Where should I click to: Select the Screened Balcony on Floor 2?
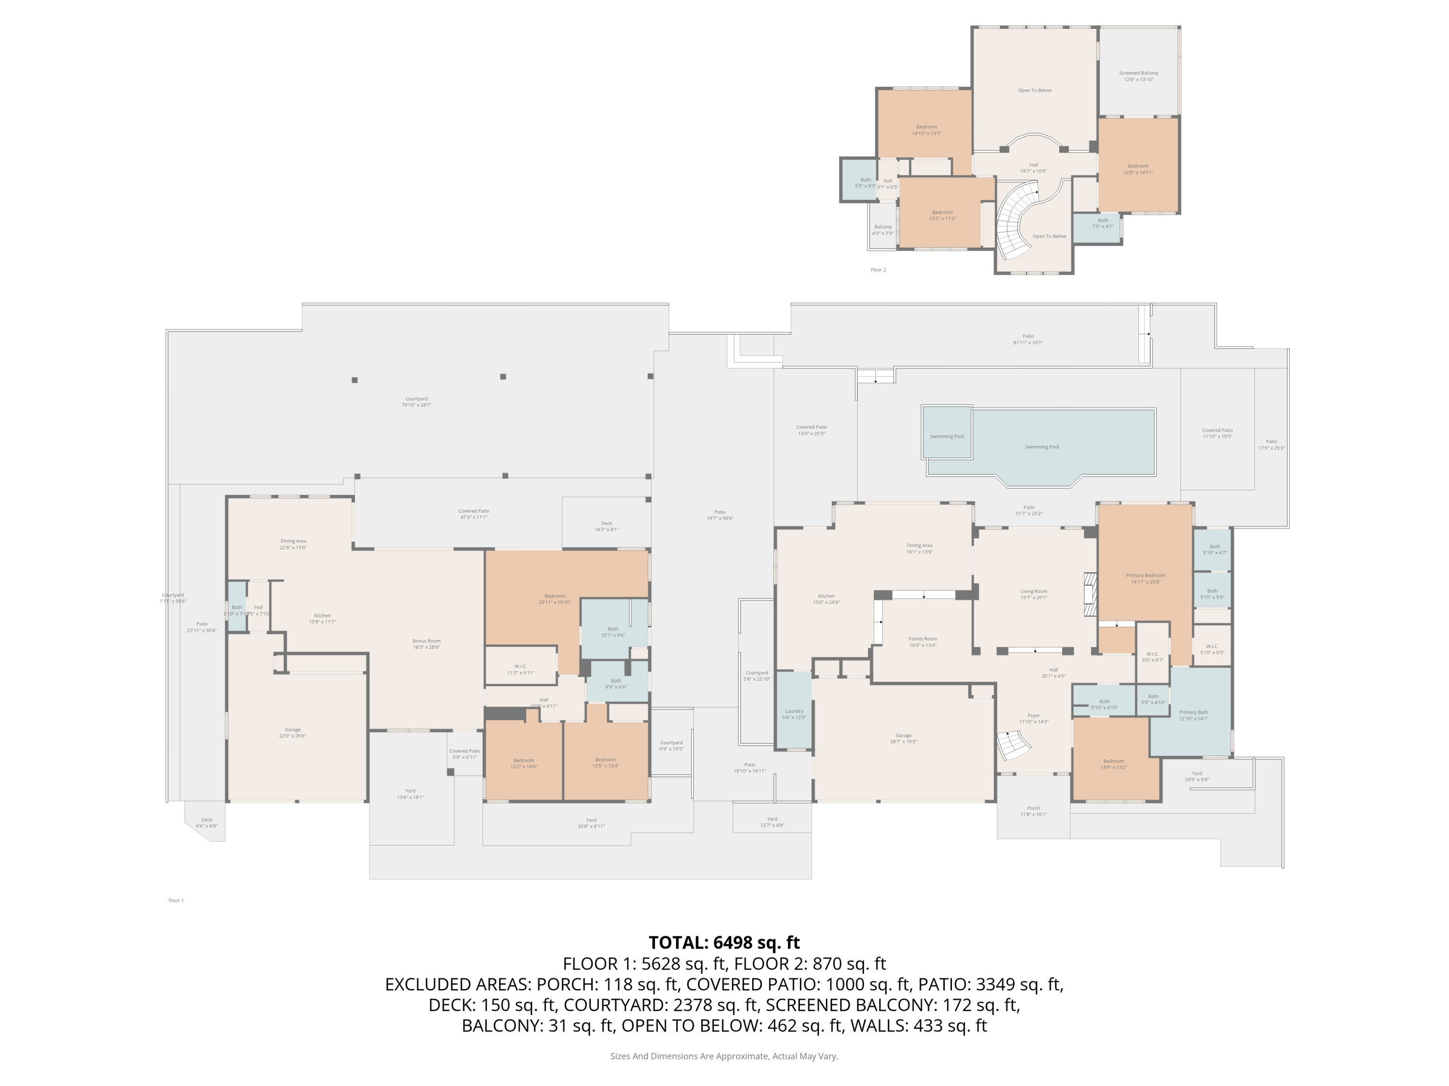click(x=1138, y=75)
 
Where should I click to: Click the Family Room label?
click(x=923, y=641)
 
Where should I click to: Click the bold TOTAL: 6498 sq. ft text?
click(x=724, y=942)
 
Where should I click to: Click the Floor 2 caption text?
click(x=878, y=270)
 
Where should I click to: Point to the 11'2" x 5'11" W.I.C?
click(x=520, y=669)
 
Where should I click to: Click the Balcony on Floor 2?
click(x=882, y=229)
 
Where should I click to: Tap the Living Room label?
click(x=1034, y=593)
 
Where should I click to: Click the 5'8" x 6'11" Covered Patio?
click(x=465, y=753)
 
